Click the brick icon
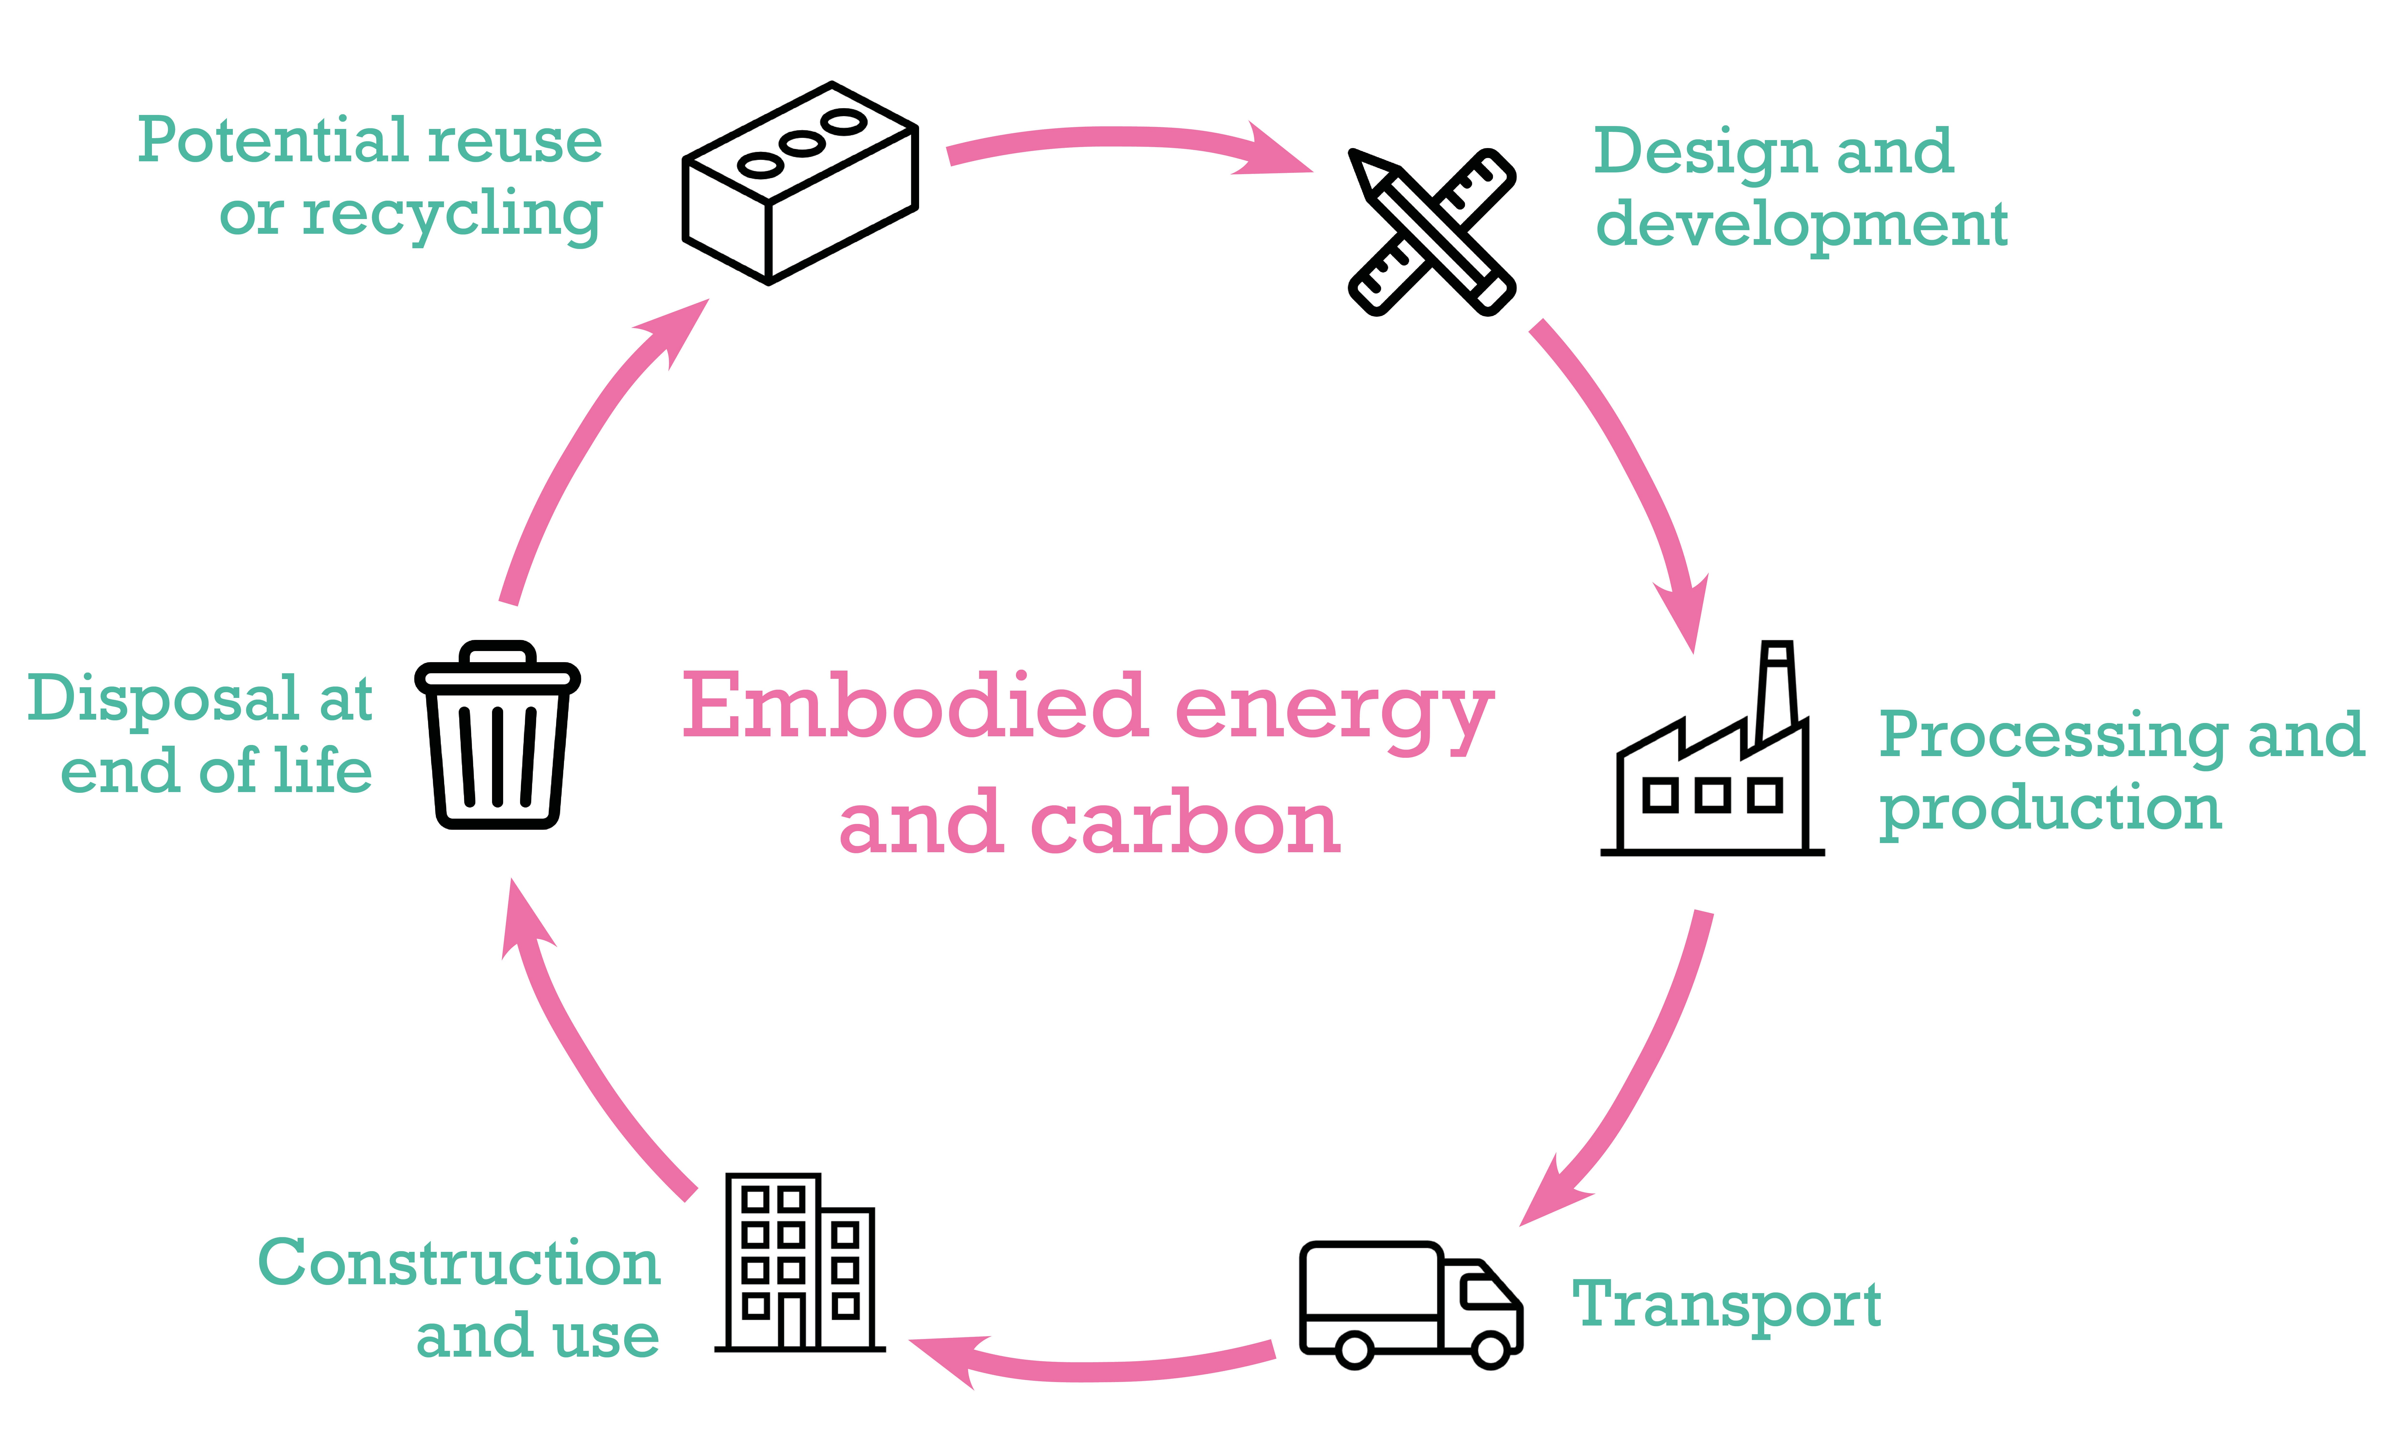point(799,183)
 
